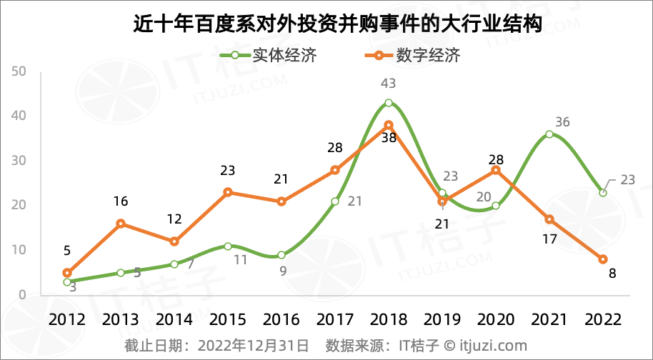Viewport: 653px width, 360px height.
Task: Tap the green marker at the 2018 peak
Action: (x=388, y=103)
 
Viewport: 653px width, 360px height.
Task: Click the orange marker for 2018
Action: (x=388, y=125)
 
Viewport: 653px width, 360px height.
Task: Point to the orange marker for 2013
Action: (x=121, y=224)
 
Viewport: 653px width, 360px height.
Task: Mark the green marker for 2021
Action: (x=549, y=134)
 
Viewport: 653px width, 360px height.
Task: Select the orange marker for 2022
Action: (x=603, y=259)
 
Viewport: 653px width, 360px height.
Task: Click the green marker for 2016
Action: (x=281, y=255)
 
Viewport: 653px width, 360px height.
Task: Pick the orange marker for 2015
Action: (x=228, y=192)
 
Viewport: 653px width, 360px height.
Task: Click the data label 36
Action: (x=562, y=121)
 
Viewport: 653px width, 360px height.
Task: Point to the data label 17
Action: (x=549, y=239)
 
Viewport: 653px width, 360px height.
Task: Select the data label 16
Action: (x=121, y=202)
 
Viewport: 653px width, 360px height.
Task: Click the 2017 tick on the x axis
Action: (x=334, y=319)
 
